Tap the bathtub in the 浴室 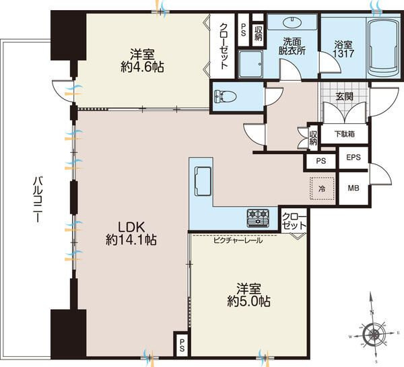(384, 47)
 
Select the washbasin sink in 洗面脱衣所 (292, 22)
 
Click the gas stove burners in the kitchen (258, 218)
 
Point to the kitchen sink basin (203, 181)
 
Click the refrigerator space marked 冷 (322, 189)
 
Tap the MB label (353, 188)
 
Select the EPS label (353, 157)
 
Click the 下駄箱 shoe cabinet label (345, 134)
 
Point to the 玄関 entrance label (345, 96)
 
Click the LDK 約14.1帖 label (131, 234)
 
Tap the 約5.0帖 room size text (248, 301)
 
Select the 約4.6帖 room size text (142, 67)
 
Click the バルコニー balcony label (38, 199)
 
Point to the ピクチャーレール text (238, 240)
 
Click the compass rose (373, 335)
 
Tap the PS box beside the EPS (321, 162)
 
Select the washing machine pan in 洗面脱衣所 (250, 64)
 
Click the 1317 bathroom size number (343, 54)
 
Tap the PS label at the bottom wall (182, 345)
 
